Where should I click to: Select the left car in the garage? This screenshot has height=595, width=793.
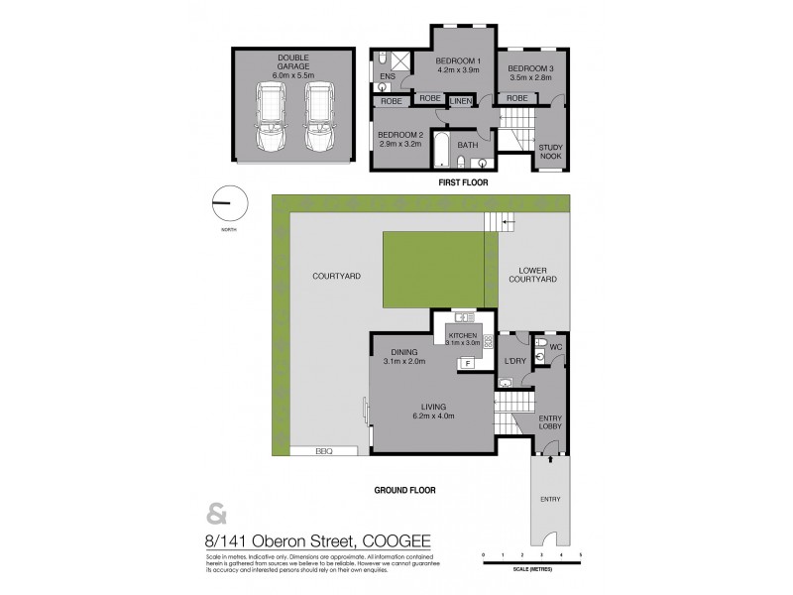[x=270, y=116]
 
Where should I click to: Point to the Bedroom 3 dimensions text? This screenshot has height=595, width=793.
[x=530, y=75]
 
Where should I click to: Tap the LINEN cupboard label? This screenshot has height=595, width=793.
[x=461, y=100]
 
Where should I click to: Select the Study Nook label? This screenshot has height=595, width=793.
[x=550, y=151]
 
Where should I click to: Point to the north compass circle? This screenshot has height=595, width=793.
[x=229, y=203]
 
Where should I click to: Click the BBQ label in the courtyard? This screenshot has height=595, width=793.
[x=321, y=449]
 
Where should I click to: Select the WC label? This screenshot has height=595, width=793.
[x=554, y=347]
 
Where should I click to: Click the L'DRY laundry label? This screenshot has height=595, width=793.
[x=513, y=361]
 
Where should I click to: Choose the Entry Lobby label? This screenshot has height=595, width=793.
[x=549, y=424]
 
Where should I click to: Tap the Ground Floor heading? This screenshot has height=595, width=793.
[x=404, y=490]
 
